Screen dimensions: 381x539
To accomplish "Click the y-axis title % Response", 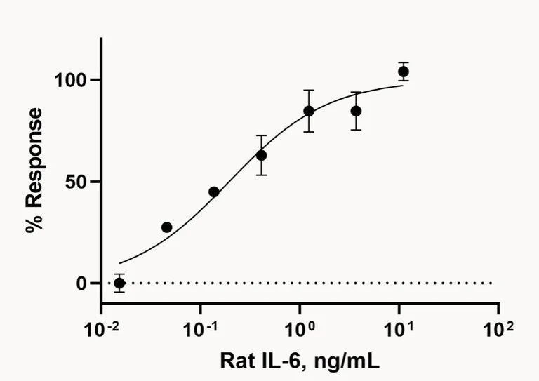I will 34,171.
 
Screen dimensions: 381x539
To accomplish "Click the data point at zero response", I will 119,283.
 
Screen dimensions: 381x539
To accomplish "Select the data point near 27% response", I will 166,227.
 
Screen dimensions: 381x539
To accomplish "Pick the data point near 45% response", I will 214,192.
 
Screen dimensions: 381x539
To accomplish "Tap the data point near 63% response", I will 261,155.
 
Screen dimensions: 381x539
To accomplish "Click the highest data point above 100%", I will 404,72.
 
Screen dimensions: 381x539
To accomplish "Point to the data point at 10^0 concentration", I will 309,111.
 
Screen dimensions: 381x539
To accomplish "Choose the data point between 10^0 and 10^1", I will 356,111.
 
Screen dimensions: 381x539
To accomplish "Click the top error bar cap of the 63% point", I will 261,135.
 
